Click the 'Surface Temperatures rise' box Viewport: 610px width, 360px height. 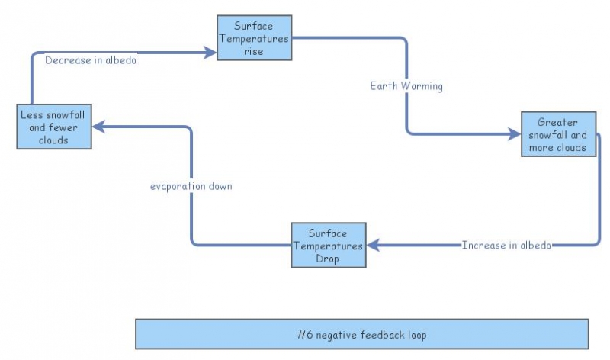click(x=254, y=37)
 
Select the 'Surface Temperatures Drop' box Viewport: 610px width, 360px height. click(x=328, y=245)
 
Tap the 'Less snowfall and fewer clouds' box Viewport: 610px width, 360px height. click(x=54, y=127)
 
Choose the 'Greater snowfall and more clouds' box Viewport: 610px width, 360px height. click(x=557, y=134)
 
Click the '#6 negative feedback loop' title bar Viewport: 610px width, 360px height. click(x=361, y=334)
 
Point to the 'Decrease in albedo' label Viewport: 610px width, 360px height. click(x=91, y=60)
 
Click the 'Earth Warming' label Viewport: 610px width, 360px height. click(x=406, y=85)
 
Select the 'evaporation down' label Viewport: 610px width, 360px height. click(x=191, y=185)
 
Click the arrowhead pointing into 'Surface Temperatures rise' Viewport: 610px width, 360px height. click(x=211, y=52)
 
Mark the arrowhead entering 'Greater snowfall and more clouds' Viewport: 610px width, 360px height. click(x=515, y=134)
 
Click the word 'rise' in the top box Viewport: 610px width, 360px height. click(x=253, y=52)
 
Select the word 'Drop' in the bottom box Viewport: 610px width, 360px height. click(x=328, y=259)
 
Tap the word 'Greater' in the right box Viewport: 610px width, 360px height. click(x=557, y=122)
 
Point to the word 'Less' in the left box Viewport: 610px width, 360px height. click(x=31, y=115)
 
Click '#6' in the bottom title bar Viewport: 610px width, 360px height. click(x=304, y=335)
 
